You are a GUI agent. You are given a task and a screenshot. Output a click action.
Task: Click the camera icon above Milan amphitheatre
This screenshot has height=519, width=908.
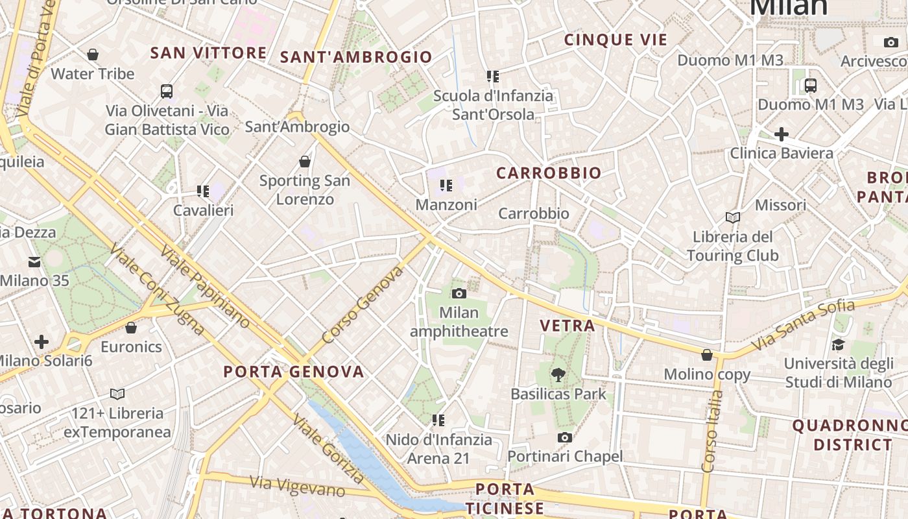tap(459, 293)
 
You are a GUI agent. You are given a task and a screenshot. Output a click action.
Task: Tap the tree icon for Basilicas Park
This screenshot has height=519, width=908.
tap(558, 374)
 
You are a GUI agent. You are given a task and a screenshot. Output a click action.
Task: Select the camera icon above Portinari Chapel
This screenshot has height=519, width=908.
tap(565, 437)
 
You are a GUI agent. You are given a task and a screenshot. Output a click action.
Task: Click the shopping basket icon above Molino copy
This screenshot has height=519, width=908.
tap(707, 355)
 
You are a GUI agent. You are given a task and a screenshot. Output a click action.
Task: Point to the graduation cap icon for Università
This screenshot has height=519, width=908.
tap(838, 344)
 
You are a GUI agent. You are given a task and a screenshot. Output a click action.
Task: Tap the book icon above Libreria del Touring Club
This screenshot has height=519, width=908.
tap(733, 217)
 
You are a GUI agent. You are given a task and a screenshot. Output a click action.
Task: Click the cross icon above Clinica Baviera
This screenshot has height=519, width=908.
tap(782, 134)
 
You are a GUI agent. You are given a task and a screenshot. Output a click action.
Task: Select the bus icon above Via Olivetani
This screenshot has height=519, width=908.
tap(167, 91)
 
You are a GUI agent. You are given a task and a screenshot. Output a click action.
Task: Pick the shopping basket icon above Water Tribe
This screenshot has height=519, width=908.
tap(93, 54)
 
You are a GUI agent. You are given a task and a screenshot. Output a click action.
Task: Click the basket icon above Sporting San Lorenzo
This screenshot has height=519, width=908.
tap(305, 161)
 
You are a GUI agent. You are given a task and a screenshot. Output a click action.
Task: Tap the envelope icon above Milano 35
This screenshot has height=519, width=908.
tap(34, 262)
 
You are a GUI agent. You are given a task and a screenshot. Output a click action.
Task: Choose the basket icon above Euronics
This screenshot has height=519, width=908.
tap(131, 328)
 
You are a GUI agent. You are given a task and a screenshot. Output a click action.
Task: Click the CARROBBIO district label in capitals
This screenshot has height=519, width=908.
tap(549, 173)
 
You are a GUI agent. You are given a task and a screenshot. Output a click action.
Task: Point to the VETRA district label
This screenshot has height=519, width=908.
tap(567, 326)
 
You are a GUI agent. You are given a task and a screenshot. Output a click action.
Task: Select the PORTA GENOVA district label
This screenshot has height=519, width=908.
tap(294, 372)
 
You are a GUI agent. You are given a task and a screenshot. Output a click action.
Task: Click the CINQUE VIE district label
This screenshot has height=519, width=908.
tap(615, 40)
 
